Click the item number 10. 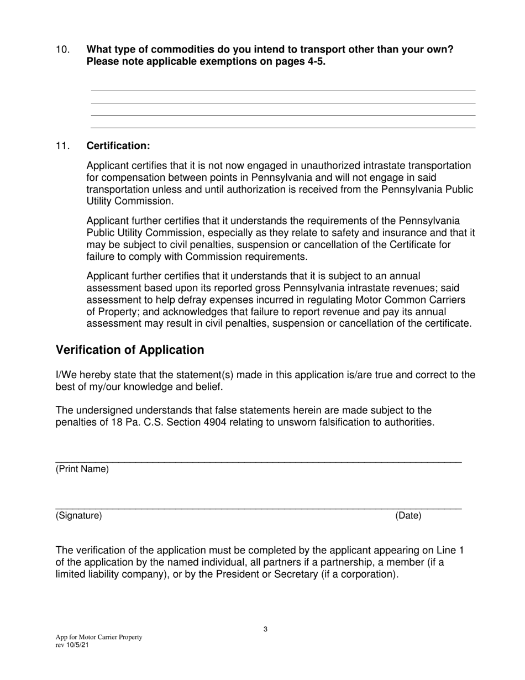coord(62,50)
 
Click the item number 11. coord(62,146)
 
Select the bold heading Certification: coord(118,146)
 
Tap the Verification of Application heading coord(130,350)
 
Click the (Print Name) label coord(82,469)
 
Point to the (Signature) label coord(79,516)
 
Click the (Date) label coord(408,516)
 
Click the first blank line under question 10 coord(282,91)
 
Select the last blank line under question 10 coord(282,128)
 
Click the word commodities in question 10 coord(164,50)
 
